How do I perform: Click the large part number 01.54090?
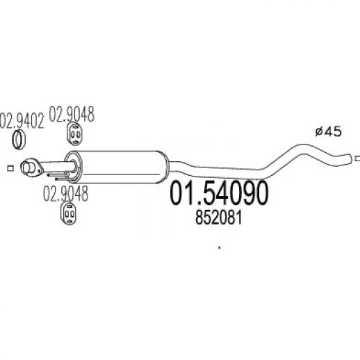(219, 193)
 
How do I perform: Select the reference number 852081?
(219, 218)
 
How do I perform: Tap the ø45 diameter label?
(328, 132)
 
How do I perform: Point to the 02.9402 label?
(22, 120)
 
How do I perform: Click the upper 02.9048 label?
(72, 114)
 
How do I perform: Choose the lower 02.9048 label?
(65, 193)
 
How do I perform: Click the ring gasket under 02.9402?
(18, 140)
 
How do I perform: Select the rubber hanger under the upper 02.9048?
(74, 134)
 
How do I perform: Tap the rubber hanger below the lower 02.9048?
(69, 214)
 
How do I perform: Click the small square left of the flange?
(10, 168)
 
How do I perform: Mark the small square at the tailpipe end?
(357, 158)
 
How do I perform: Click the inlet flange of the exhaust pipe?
(31, 167)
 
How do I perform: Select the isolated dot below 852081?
(220, 247)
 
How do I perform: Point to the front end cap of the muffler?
(74, 166)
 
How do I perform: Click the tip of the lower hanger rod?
(56, 179)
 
